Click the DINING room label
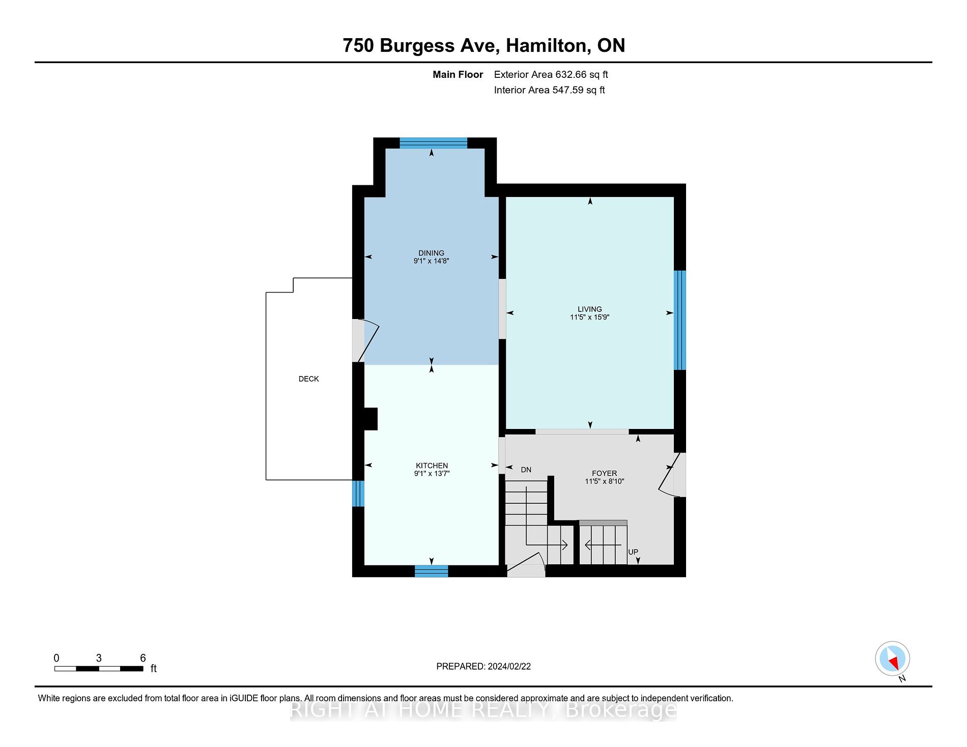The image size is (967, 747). point(431,253)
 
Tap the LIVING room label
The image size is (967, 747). point(590,309)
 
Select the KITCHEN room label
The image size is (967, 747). point(432,466)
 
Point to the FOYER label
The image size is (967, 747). point(604,473)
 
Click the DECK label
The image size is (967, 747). point(309,379)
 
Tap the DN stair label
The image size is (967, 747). point(526,470)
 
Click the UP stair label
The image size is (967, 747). point(633,552)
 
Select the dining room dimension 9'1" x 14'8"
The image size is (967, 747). point(431,261)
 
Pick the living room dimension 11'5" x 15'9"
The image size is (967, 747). point(590,317)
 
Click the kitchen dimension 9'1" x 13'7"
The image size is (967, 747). point(432,474)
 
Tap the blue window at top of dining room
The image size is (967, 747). point(433,143)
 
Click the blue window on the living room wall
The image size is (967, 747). point(680,320)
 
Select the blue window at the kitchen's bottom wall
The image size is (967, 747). point(432,571)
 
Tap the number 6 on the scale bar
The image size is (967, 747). point(143,658)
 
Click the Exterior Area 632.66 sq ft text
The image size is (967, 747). point(551,74)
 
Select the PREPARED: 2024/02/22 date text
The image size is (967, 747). point(483,666)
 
